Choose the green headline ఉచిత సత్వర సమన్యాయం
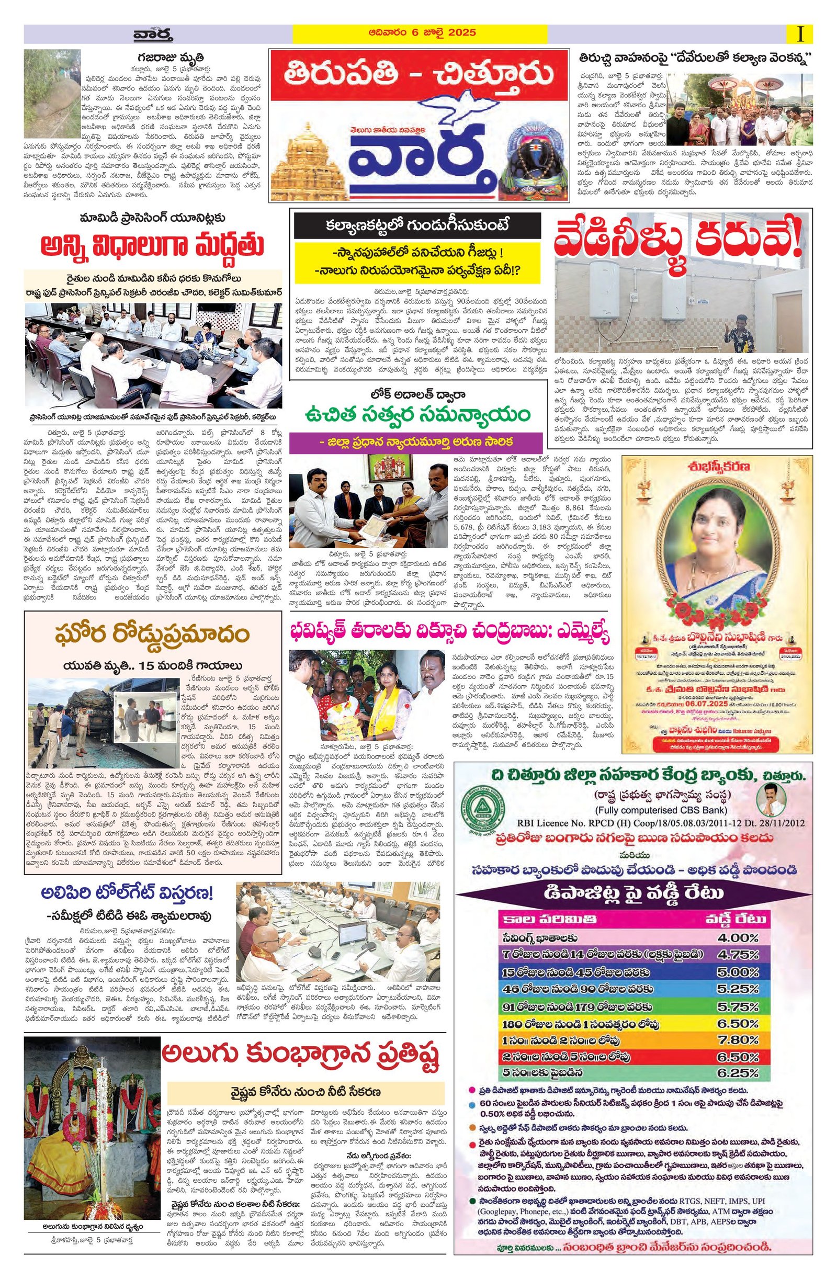click(417, 415)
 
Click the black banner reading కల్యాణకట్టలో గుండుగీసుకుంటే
click(417, 225)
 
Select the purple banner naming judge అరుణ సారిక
click(417, 442)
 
